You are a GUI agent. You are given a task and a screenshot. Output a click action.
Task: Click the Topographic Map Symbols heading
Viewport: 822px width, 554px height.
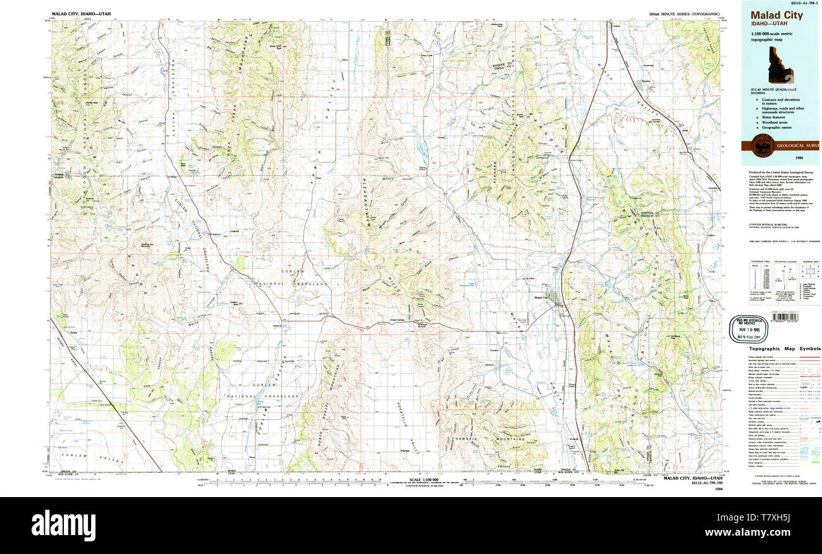click(785, 348)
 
